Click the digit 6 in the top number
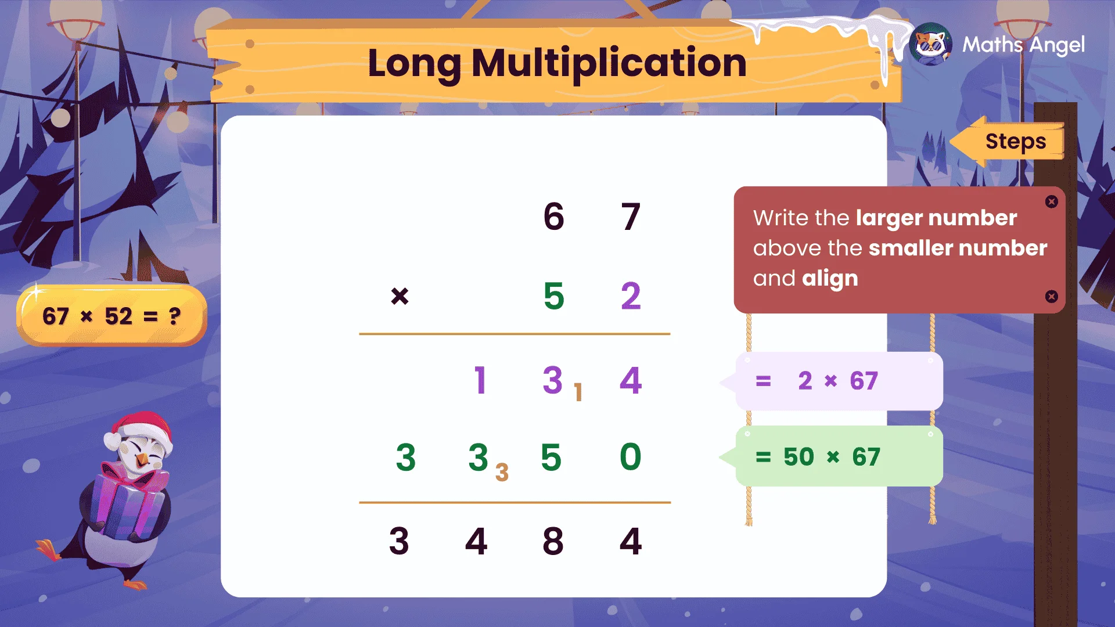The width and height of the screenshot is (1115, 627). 553,217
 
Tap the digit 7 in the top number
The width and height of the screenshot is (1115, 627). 631,217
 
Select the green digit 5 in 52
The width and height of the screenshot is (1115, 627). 553,296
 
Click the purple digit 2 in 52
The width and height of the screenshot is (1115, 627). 631,296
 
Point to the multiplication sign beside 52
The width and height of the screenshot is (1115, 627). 400,296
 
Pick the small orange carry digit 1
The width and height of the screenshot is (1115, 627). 578,393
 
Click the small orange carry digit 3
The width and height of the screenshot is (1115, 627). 502,472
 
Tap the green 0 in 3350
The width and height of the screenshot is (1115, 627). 631,457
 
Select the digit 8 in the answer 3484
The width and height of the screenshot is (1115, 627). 553,541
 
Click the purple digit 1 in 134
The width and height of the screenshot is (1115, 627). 480,381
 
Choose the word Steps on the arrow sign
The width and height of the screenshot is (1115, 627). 1016,142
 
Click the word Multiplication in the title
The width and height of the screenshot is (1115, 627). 609,63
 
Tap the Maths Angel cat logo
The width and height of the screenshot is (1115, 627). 931,45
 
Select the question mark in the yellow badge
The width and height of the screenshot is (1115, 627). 174,316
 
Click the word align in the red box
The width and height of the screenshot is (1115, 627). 830,279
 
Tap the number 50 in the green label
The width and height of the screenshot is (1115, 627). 799,457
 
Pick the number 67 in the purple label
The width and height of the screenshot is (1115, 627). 864,381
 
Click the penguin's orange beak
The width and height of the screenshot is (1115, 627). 142,460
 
